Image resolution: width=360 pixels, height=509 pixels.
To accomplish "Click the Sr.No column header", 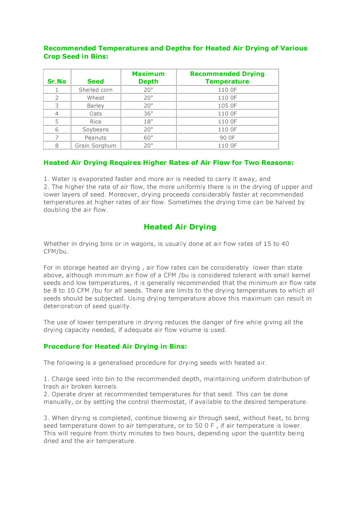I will [57, 82].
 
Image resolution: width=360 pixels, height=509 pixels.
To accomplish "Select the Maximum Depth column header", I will [148, 78].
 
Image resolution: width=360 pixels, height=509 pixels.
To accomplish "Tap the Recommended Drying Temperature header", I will [227, 78].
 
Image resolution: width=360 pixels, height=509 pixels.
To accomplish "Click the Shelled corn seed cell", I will [95, 90].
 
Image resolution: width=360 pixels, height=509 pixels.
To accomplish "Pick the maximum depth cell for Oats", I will [148, 114].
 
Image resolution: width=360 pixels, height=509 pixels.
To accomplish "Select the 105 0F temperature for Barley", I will [227, 106].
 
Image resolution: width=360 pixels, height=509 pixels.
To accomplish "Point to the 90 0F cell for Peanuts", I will [227, 138].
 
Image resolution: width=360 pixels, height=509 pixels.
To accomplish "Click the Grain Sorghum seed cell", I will [95, 146].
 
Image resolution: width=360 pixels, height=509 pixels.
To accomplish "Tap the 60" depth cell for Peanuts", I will [148, 138].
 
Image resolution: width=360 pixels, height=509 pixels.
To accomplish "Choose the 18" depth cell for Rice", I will [148, 122].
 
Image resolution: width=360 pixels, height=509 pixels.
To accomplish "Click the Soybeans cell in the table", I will [95, 129].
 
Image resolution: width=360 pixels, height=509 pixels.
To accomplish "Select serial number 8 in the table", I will [57, 146].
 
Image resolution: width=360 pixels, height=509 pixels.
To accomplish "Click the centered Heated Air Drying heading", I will [180, 227].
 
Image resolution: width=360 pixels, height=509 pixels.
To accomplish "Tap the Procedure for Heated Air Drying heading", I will [115, 346].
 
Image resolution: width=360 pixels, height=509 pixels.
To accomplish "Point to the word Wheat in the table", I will [95, 98].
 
